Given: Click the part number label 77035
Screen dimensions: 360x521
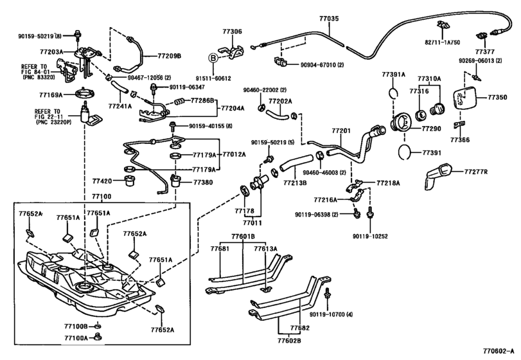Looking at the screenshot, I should tap(328, 20).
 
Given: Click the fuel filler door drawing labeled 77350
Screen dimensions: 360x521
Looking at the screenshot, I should tap(464, 100).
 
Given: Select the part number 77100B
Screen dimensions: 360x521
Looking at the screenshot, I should tap(76, 327).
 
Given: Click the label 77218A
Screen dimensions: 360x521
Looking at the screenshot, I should tap(389, 183).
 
